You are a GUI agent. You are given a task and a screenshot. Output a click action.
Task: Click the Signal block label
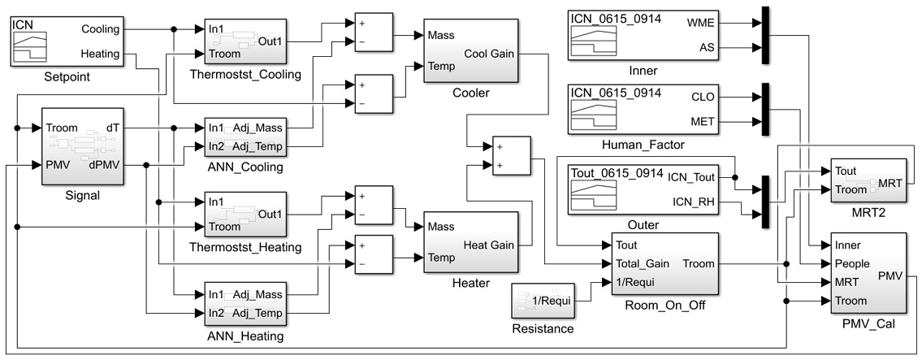click(x=76, y=195)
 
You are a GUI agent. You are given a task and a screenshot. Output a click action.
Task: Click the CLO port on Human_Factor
click(x=703, y=98)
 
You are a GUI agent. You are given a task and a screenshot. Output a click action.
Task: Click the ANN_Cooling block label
click(x=245, y=167)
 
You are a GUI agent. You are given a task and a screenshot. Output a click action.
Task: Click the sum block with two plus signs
click(x=506, y=155)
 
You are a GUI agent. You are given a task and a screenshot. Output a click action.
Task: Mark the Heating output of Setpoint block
click(x=102, y=54)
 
